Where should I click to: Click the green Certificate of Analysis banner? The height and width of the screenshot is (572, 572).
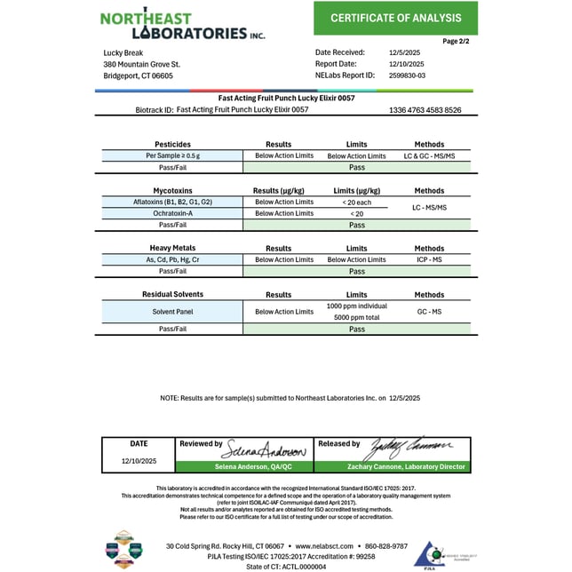click(x=395, y=18)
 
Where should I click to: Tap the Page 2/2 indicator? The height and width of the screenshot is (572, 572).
click(x=457, y=41)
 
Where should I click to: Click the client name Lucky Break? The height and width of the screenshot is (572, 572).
click(x=124, y=52)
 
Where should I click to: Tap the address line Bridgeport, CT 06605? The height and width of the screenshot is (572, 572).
click(x=138, y=75)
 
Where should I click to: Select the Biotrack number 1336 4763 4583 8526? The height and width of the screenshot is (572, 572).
click(x=425, y=110)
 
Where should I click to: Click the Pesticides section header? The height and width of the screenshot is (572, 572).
click(x=172, y=144)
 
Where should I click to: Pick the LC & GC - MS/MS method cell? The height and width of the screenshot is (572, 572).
click(x=429, y=155)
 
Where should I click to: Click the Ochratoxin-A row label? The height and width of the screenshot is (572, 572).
click(x=172, y=213)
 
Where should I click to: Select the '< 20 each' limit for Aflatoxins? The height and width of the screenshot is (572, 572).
click(x=356, y=202)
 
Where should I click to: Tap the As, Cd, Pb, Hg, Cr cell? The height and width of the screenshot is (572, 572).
click(x=172, y=259)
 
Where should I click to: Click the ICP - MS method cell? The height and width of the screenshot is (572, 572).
click(x=429, y=259)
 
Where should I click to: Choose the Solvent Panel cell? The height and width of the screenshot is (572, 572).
click(x=172, y=312)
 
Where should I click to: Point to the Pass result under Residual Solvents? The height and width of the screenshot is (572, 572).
click(x=356, y=329)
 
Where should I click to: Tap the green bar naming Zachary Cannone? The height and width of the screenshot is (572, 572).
click(x=392, y=466)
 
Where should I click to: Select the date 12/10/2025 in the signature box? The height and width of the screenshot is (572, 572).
click(x=139, y=461)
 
